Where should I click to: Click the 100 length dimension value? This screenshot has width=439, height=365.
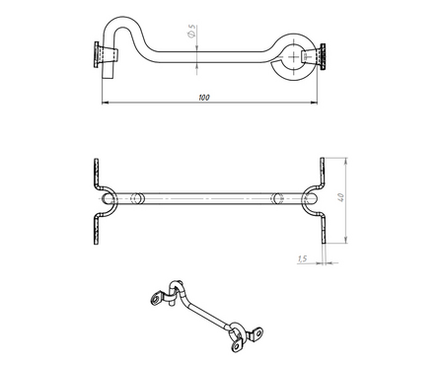pos(204,98)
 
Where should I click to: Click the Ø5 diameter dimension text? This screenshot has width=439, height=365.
pos(191,31)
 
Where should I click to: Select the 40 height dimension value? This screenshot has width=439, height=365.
pos(341,197)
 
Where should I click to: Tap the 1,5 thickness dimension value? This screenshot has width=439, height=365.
pos(302,258)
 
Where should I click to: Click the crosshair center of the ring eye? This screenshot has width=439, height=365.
pos(293,56)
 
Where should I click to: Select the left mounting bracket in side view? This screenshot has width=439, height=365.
pos(106,55)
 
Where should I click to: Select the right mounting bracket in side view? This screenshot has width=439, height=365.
pos(314,56)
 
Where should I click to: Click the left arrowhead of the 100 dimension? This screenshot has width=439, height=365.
pos(105,103)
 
